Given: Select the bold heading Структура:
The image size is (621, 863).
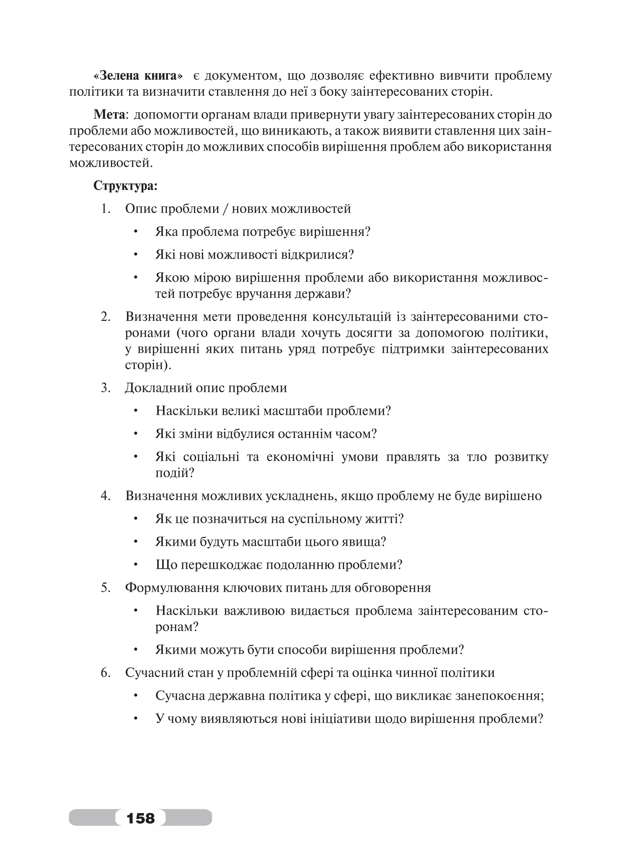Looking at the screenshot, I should (x=125, y=186).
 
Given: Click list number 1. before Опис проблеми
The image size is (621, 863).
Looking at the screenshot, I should (x=105, y=209).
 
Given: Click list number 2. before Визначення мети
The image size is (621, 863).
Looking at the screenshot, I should (x=105, y=317).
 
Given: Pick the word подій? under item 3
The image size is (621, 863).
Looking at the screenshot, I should (x=175, y=473).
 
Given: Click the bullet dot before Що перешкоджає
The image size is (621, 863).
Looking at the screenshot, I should (x=135, y=565).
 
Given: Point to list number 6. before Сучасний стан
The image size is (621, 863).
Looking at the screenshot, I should (x=105, y=673).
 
